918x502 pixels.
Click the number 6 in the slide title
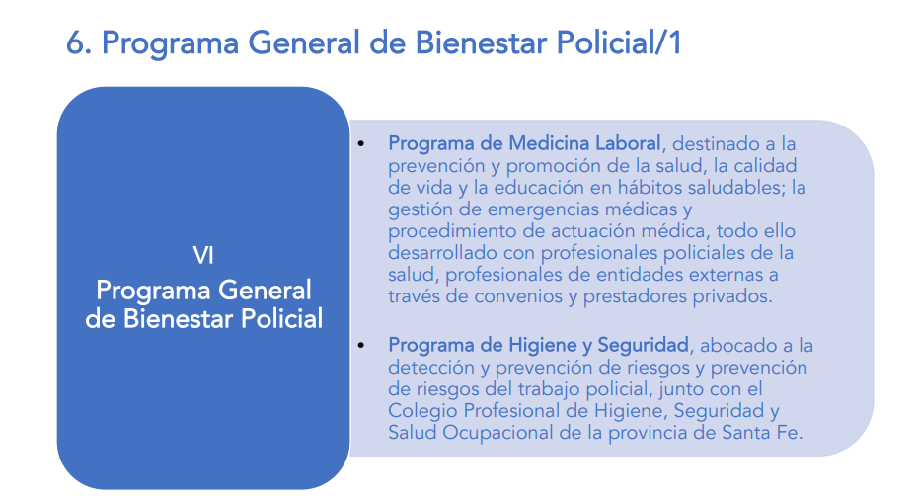coord(76,42)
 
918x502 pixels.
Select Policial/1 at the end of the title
coord(619,42)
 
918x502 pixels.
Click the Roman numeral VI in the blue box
coord(203,256)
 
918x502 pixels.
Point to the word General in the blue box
coord(265,291)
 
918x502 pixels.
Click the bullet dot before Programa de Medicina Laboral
coord(361,143)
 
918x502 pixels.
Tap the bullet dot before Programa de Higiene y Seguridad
coord(361,346)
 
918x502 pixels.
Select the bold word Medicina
coord(549,143)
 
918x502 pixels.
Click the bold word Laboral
coord(628,143)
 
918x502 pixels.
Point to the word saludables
coord(736,188)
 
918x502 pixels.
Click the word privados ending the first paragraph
coord(732,296)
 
